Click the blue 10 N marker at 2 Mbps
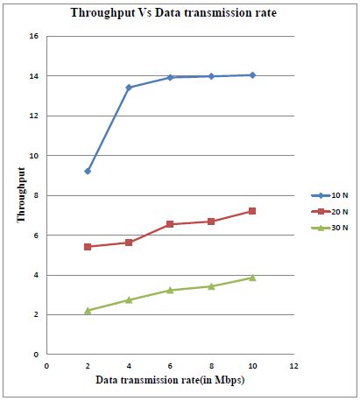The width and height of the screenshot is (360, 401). [88, 171]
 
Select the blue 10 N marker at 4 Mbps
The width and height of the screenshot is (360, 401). [129, 88]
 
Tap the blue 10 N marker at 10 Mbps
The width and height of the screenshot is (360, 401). [252, 75]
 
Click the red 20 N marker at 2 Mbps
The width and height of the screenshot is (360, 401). [88, 247]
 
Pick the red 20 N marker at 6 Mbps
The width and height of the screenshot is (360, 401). [170, 224]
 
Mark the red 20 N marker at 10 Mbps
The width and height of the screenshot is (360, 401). [252, 211]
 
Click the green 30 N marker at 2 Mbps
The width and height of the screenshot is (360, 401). [88, 310]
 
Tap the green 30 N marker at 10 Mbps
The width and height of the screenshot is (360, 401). [252, 277]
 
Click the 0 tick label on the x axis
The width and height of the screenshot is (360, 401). [46, 365]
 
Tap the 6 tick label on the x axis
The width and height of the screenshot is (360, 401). [170, 365]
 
